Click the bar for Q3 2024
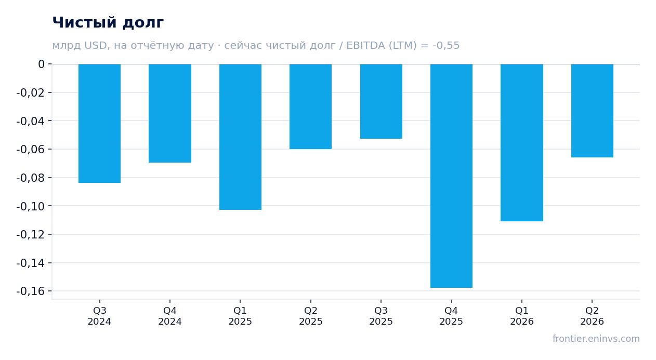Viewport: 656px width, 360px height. [100, 123]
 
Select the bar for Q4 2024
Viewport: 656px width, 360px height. [170, 113]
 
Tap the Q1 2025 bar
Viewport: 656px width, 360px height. [241, 137]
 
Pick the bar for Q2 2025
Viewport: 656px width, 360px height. [311, 106]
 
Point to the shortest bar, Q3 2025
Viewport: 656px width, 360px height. [382, 101]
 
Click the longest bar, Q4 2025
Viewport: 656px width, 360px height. [451, 176]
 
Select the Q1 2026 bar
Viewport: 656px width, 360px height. [522, 142]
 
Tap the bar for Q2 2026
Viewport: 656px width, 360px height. [592, 111]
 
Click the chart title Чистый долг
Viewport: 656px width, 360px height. [108, 22]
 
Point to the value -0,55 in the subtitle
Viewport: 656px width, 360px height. [446, 45]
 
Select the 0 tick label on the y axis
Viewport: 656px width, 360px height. [41, 64]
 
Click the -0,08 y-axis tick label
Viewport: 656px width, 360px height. [31, 178]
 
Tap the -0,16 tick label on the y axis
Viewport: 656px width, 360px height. [31, 291]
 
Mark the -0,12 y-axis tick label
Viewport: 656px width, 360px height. [31, 234]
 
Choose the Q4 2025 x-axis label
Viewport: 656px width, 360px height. [451, 316]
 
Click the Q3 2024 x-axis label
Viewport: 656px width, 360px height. [100, 316]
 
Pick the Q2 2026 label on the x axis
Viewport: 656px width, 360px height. [592, 316]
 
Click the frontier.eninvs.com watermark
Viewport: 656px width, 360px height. [596, 339]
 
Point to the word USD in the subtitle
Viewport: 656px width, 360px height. [96, 45]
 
